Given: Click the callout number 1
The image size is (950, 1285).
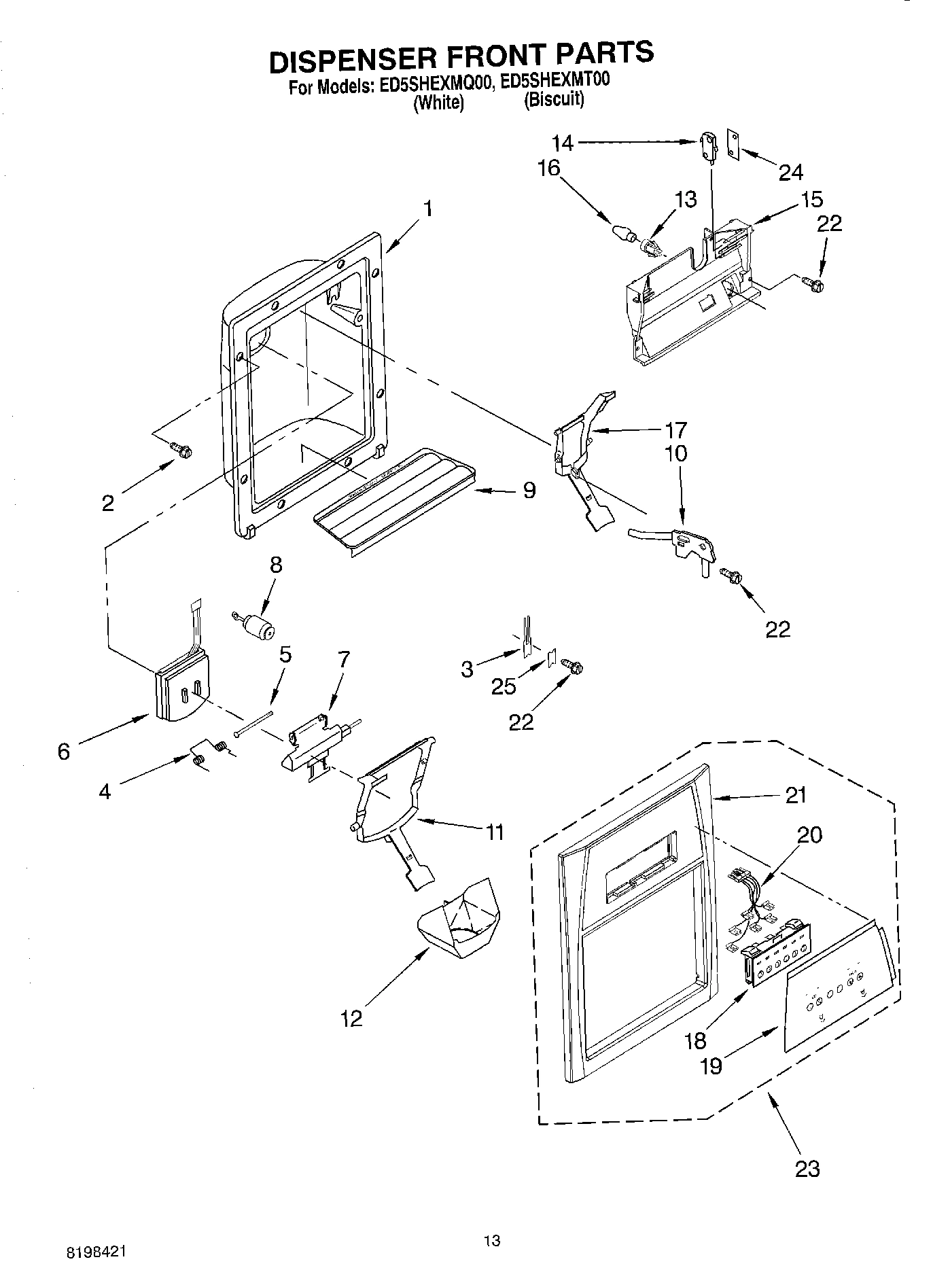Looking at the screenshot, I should [427, 210].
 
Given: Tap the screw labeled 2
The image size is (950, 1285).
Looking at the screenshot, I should [181, 449].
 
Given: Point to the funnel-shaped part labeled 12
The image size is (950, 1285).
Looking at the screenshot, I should [459, 919].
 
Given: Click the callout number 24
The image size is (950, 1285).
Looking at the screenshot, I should [790, 173].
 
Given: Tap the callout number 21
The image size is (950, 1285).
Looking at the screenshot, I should [795, 795].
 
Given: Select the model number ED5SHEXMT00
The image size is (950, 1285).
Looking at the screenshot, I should [555, 80].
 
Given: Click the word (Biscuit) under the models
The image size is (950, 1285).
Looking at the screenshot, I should [553, 99].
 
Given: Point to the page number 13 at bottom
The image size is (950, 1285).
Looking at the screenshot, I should [492, 1241].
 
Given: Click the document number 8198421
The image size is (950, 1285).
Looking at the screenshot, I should [94, 1252].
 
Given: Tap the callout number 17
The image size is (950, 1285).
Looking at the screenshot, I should [676, 430].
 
